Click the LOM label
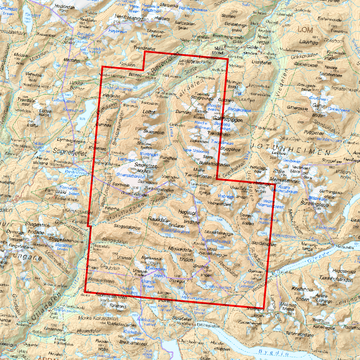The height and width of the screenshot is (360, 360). point(305,30)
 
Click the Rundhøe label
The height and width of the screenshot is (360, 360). point(168,158)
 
